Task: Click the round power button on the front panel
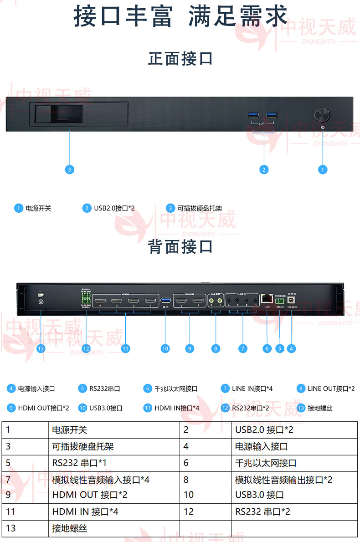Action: coord(323,114)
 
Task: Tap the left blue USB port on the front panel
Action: coord(253,114)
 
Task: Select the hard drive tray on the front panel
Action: coord(78,114)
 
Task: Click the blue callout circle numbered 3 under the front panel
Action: coord(69,169)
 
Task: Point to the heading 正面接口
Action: coord(180,59)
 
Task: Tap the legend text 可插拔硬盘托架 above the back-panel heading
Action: coord(200,209)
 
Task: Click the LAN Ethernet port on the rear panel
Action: coord(267,299)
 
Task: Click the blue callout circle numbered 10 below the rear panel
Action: coord(165,348)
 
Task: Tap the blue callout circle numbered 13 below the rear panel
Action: coord(41,348)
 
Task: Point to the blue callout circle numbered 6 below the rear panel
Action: coord(267,348)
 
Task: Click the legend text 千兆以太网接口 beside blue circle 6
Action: coord(176,389)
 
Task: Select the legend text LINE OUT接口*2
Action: coord(331,389)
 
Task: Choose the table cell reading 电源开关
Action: coord(70,430)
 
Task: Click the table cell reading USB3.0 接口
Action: coord(259,495)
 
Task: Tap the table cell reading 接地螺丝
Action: coord(70,528)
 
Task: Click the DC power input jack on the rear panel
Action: coord(290,300)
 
